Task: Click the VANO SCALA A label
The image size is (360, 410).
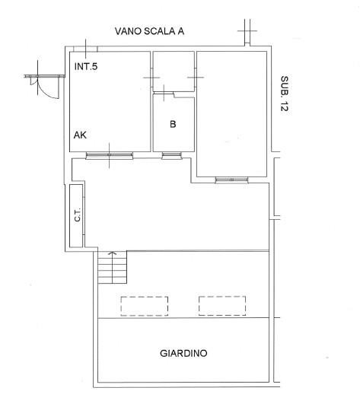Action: [149, 31]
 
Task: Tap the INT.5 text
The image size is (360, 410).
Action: [86, 66]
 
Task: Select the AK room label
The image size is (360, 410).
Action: [80, 135]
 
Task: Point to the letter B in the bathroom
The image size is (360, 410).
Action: [173, 124]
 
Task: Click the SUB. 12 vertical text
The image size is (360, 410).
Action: [285, 94]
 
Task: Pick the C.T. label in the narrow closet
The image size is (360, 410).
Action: [78, 215]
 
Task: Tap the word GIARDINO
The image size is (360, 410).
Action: [183, 353]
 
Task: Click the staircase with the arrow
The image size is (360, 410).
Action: [113, 267]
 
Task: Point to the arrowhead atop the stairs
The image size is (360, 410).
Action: [113, 253]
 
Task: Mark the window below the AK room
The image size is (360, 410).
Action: [110, 156]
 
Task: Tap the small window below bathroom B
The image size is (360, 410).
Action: [172, 156]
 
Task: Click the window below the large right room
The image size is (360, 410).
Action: [231, 180]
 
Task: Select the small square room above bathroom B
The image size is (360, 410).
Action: [174, 72]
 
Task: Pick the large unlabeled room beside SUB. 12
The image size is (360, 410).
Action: [232, 114]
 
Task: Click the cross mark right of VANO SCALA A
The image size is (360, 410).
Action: [247, 30]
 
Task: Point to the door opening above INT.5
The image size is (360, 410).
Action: [85, 49]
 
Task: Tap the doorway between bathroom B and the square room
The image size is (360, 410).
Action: [164, 93]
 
